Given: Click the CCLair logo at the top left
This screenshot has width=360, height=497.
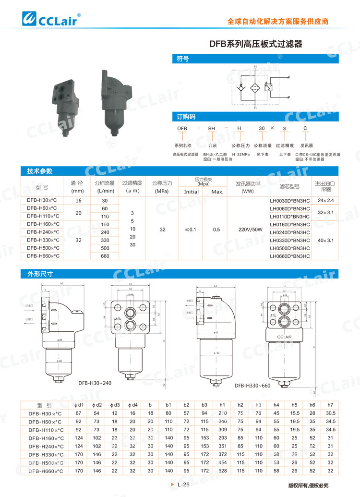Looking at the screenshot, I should (51, 19).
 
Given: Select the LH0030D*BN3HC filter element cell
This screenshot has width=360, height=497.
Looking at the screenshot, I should (289, 200).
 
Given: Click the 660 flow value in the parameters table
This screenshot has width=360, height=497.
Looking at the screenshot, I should (105, 256).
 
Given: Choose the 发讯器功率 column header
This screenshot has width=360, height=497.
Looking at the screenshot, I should (248, 186).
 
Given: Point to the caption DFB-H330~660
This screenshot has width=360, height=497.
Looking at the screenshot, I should (253, 385).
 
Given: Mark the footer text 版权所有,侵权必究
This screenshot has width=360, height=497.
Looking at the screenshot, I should (308, 485).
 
